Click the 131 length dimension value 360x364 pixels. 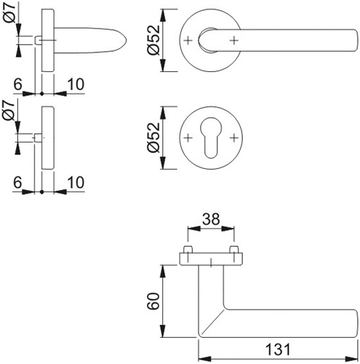[x=278, y=349]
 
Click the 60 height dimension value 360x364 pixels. [x=153, y=301]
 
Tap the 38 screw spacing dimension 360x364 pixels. [x=211, y=219]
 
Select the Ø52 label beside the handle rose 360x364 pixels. [x=153, y=40]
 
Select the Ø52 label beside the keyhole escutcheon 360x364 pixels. [x=153, y=138]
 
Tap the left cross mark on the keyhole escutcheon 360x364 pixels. [x=188, y=138]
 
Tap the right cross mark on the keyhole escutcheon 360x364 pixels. [x=234, y=138]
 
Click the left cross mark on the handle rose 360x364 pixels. [x=188, y=40]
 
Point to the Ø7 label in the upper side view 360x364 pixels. [x=10, y=12]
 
